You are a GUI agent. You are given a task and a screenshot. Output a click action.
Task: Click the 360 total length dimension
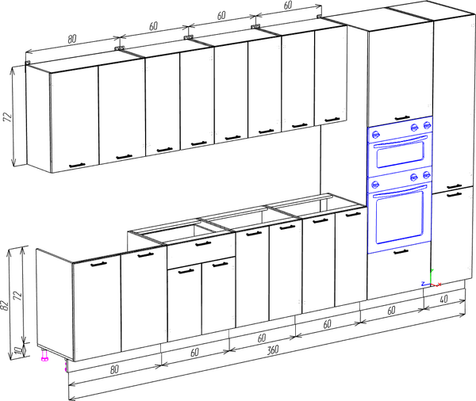click(273, 350)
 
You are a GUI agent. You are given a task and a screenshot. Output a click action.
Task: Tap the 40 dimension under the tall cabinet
click(443, 299)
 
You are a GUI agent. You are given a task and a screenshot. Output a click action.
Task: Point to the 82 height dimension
click(5, 305)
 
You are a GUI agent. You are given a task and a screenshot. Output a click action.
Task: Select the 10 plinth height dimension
click(19, 351)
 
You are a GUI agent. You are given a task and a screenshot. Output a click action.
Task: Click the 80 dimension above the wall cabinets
click(71, 39)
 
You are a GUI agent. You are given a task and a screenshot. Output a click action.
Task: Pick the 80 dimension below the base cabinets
click(114, 370)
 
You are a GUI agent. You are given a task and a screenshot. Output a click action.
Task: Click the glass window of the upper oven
click(400, 155)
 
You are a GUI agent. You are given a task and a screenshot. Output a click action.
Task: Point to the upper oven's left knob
click(375, 134)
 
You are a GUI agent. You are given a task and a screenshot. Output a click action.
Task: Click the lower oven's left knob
click(375, 184)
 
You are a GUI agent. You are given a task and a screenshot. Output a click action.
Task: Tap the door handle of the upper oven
click(400, 141)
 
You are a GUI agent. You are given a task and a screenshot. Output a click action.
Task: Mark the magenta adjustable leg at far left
click(44, 356)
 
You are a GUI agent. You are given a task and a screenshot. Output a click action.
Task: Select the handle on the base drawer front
click(203, 243)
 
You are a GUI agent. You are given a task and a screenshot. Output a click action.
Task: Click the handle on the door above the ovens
click(402, 118)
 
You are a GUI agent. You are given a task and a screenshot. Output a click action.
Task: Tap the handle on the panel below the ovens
click(401, 251)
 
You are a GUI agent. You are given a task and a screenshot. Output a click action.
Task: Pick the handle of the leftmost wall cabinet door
click(77, 166)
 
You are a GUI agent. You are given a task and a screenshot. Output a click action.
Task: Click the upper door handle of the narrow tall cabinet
click(454, 186)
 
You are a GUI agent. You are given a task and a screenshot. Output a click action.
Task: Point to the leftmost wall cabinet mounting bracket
click(28, 63)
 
